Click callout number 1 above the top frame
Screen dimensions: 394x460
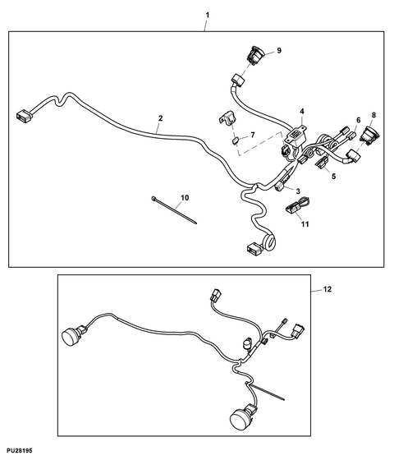[x=208, y=15]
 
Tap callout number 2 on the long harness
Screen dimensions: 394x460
[x=160, y=118]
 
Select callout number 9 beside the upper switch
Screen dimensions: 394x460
[x=279, y=50]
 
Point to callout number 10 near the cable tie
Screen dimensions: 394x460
[x=185, y=198]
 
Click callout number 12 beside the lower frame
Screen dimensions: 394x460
[x=328, y=289]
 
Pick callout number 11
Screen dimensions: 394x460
[x=305, y=224]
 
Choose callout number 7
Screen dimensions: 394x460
[x=253, y=135]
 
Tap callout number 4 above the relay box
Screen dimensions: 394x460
[x=302, y=111]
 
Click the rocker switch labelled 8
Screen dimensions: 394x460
[x=370, y=136]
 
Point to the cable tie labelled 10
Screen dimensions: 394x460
[x=174, y=210]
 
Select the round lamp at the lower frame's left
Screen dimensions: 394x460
[x=72, y=336]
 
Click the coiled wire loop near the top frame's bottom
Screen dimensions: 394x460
[x=268, y=241]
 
